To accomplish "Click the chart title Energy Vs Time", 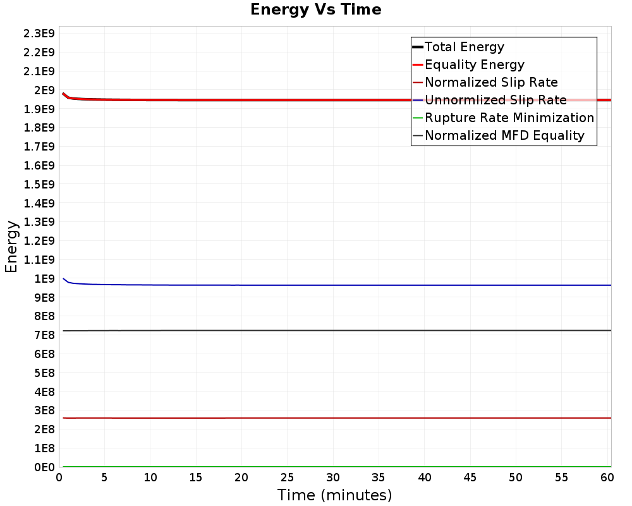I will point(316,9).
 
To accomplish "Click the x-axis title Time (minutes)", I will point(334,495).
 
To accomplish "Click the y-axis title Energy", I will point(11,246).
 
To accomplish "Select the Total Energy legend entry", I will point(464,47).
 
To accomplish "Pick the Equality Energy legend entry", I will point(474,65).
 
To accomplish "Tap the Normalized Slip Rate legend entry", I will point(491,82).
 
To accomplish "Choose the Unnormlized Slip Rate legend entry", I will point(495,100).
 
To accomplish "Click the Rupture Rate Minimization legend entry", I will point(509,118).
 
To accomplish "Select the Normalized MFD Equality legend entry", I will point(504,135).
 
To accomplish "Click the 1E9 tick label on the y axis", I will point(44,278).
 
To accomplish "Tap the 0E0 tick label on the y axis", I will point(42,467).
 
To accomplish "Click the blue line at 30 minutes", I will point(333,285).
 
